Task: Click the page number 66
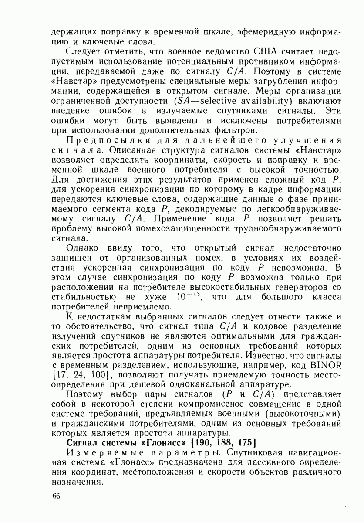(56, 497)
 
